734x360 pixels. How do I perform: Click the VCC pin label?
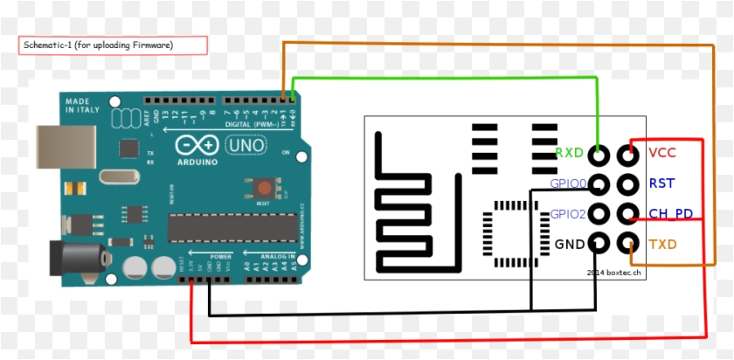coord(662,154)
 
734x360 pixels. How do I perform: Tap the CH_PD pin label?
coord(671,213)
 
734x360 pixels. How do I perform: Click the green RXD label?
coord(569,154)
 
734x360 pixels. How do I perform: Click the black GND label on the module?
coord(569,244)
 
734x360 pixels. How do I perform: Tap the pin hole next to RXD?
coord(599,156)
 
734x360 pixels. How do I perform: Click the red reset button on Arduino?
coord(260,187)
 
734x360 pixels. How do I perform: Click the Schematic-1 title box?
coord(114,45)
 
